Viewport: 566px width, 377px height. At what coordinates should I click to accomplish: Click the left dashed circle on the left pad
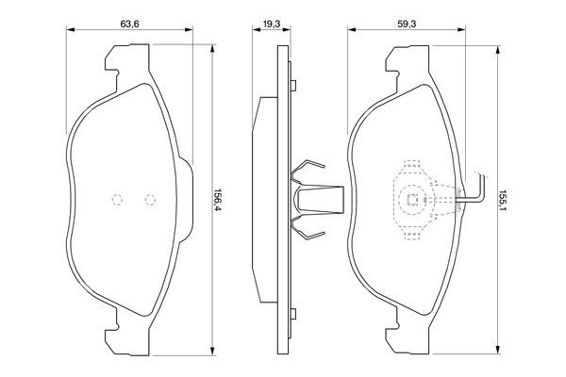click(x=117, y=199)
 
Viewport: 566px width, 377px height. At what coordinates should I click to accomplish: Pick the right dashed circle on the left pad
click(x=148, y=199)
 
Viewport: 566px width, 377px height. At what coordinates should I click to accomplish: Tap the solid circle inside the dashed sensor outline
click(x=411, y=199)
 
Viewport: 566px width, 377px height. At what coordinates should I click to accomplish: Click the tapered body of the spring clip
click(x=318, y=199)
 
